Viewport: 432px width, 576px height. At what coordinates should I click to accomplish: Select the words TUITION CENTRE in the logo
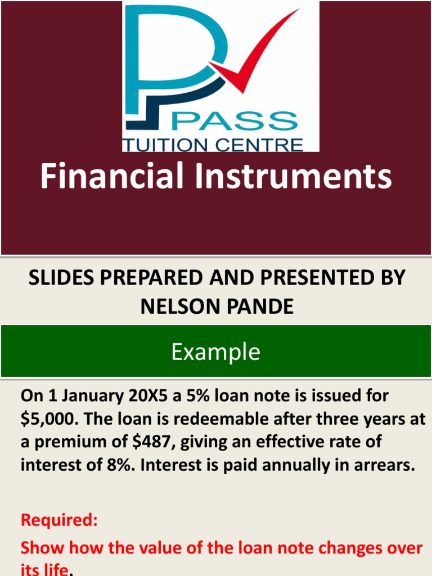point(213,145)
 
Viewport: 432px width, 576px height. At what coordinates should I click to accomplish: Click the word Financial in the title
point(112,177)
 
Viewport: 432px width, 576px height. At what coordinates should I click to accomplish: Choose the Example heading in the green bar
point(216,352)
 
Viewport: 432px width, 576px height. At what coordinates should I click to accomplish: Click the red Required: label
point(59,520)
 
